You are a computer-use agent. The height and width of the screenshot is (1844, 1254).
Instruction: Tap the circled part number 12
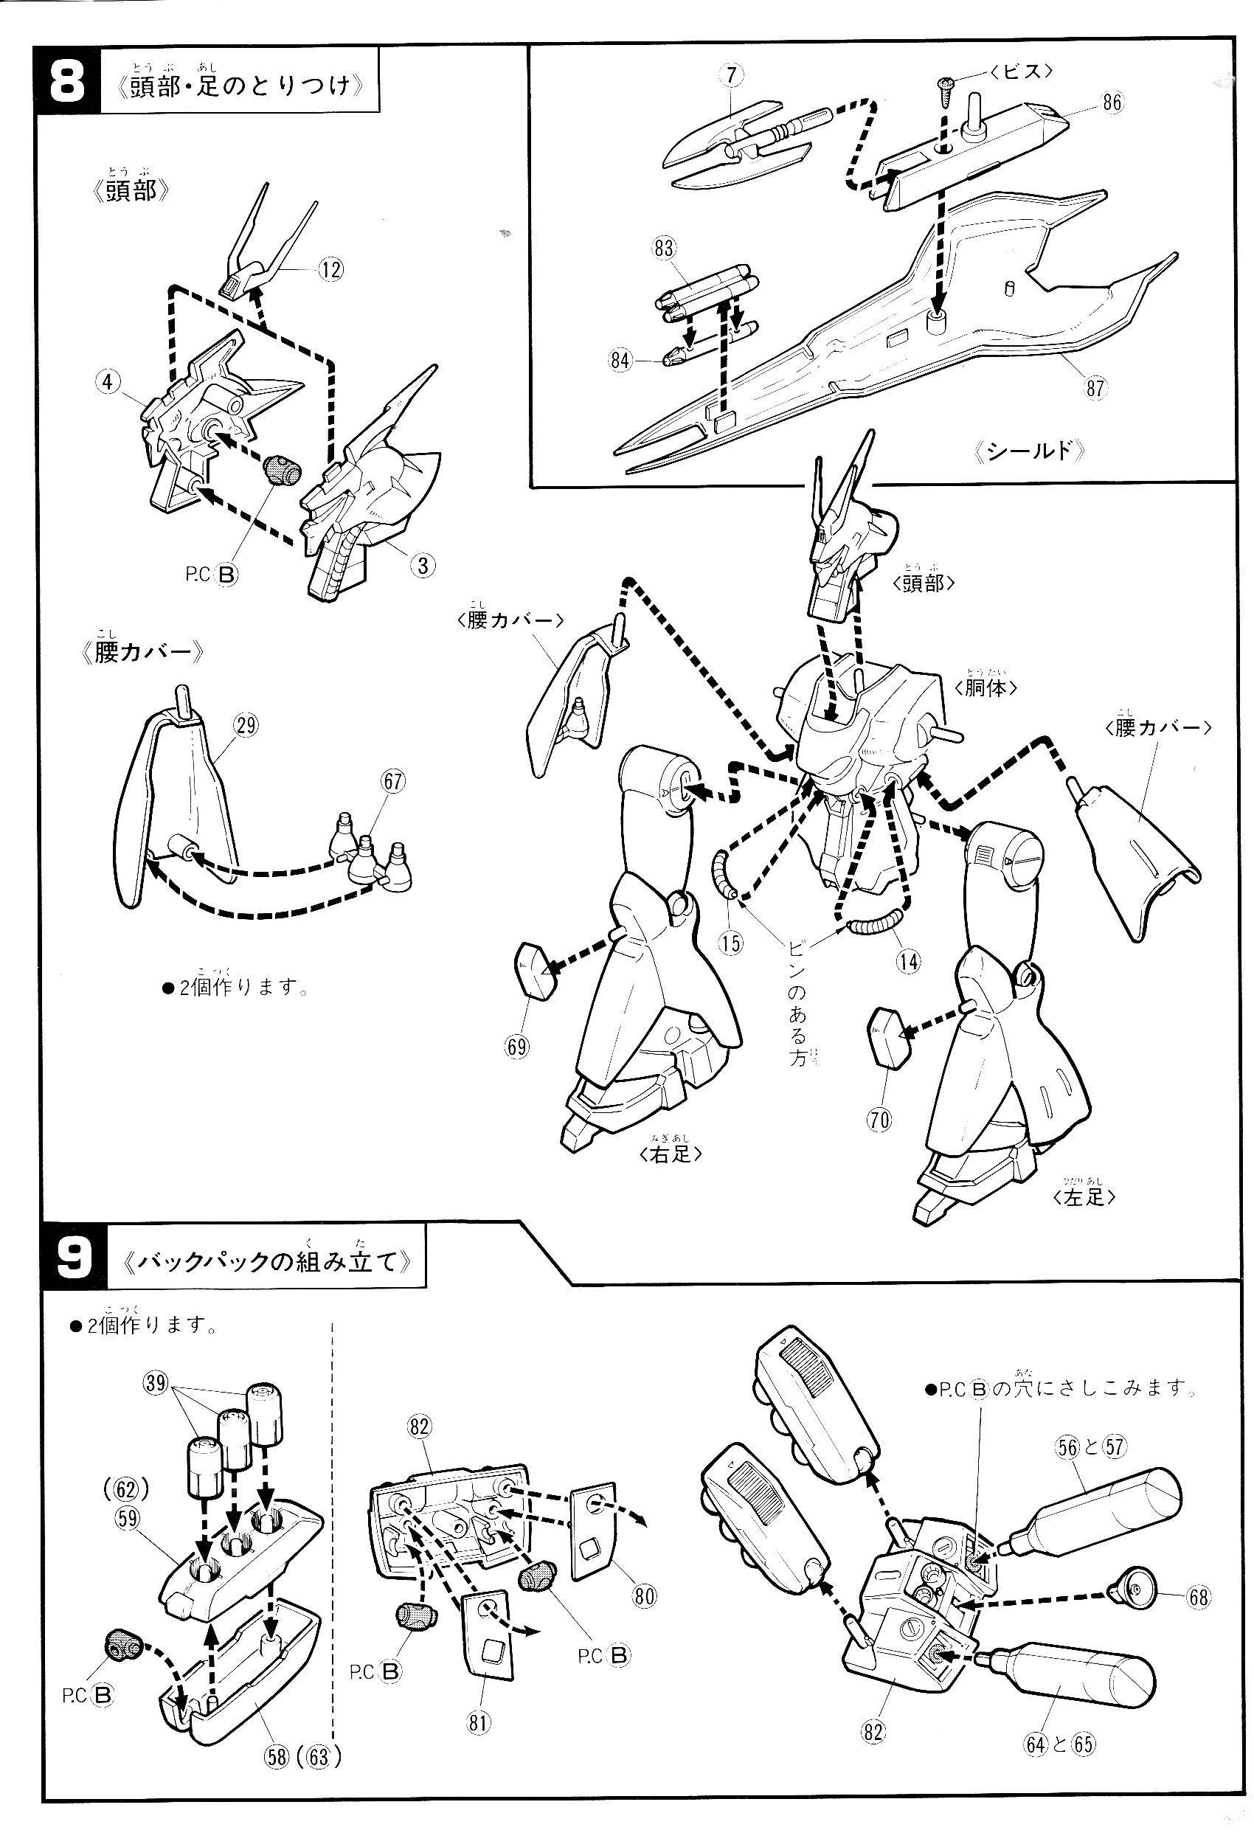(330, 270)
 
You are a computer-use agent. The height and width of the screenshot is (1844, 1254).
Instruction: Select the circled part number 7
(731, 75)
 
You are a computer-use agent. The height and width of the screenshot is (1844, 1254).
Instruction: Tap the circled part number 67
(393, 782)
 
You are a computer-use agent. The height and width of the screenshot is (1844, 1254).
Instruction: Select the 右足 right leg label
(670, 1154)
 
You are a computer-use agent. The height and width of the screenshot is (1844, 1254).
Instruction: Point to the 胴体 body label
(985, 687)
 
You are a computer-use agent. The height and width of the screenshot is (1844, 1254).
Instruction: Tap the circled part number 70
(880, 1119)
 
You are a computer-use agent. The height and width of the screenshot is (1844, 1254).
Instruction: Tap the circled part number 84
(620, 360)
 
